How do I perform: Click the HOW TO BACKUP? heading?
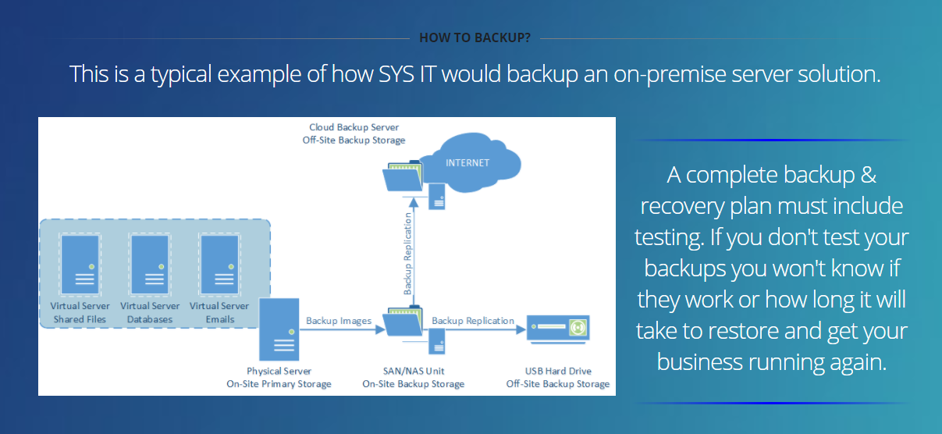click(475, 37)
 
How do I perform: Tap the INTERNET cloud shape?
click(471, 162)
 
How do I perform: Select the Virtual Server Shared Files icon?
click(80, 264)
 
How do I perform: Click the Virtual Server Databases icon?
click(150, 264)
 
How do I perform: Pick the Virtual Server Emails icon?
click(219, 264)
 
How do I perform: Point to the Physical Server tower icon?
click(279, 329)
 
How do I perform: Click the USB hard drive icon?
click(558, 329)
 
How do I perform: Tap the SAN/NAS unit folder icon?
click(402, 322)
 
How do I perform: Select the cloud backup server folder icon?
click(402, 176)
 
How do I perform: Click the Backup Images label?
click(339, 321)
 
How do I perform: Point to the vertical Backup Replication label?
click(407, 253)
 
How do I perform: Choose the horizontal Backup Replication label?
click(473, 321)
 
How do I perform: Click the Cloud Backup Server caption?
click(354, 127)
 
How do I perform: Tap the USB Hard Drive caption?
click(558, 371)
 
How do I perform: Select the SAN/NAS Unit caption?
click(414, 371)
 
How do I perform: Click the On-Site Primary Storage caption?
click(279, 384)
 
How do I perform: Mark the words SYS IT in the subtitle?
click(407, 74)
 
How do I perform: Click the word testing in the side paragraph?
click(669, 237)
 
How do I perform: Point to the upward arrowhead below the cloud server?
click(414, 203)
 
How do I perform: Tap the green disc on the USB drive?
click(578, 327)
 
